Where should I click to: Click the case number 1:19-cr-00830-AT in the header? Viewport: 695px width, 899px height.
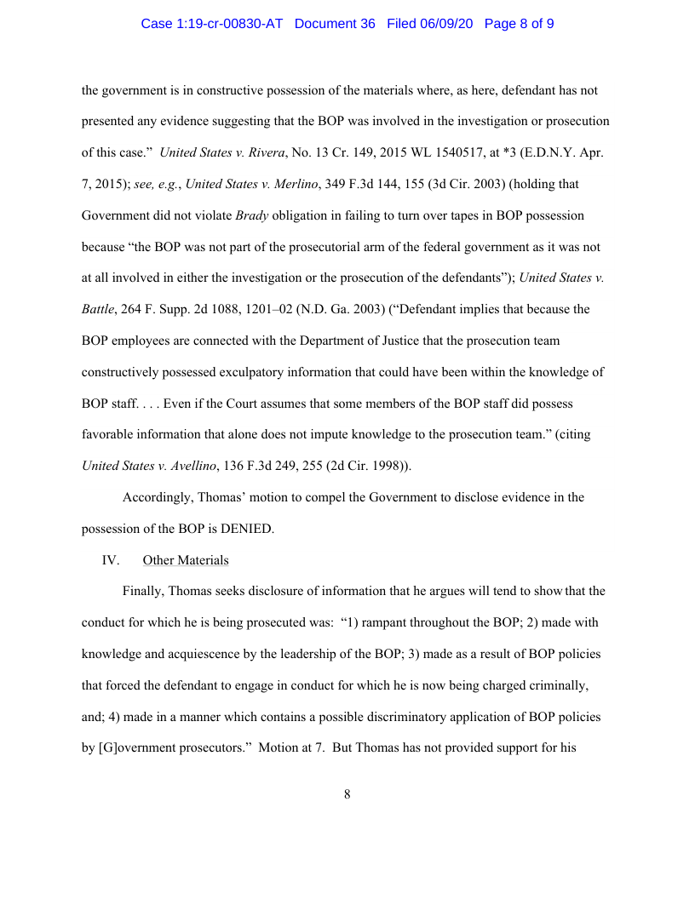(211, 24)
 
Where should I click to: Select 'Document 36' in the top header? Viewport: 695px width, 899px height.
(335, 24)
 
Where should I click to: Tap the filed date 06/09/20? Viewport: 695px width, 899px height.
(445, 24)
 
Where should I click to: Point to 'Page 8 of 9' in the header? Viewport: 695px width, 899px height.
(519, 24)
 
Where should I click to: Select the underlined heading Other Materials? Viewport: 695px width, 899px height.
(186, 560)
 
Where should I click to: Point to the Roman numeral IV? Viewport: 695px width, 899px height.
(111, 560)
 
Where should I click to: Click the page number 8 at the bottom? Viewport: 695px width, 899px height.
(347, 794)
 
